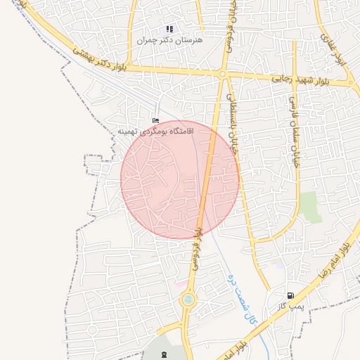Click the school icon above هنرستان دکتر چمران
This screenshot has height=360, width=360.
(169, 29)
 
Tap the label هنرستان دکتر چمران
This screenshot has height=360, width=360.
(169, 40)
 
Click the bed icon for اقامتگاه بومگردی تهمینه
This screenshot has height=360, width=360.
(155, 121)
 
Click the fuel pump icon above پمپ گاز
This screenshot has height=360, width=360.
(290, 295)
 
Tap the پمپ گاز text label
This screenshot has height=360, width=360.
(289, 307)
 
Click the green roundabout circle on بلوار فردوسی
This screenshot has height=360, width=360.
(188, 300)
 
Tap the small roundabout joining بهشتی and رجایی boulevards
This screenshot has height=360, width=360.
(222, 74)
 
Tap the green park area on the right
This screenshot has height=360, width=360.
(309, 207)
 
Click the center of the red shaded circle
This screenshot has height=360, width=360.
(180, 180)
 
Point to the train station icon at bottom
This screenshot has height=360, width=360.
(165, 353)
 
